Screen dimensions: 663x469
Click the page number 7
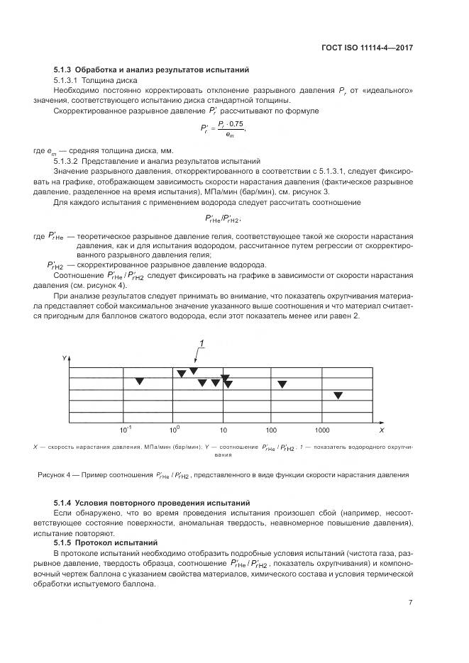click(x=411, y=603)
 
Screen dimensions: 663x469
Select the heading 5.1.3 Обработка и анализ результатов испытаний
click(x=150, y=71)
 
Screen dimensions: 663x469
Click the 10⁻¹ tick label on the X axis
click(x=126, y=430)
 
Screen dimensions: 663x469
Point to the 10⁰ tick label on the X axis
click(x=175, y=430)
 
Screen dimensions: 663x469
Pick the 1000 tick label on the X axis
click(x=321, y=430)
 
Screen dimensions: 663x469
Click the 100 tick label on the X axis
click(x=271, y=430)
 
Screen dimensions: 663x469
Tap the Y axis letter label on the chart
click(x=64, y=359)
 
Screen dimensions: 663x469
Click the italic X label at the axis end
click(x=381, y=430)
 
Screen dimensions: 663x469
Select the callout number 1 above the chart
click(x=202, y=344)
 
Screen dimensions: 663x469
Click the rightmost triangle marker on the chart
click(x=338, y=395)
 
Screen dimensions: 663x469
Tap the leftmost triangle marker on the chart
click(x=140, y=382)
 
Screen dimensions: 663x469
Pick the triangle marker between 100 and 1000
click(x=282, y=384)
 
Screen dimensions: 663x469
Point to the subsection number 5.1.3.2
click(x=70, y=161)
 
